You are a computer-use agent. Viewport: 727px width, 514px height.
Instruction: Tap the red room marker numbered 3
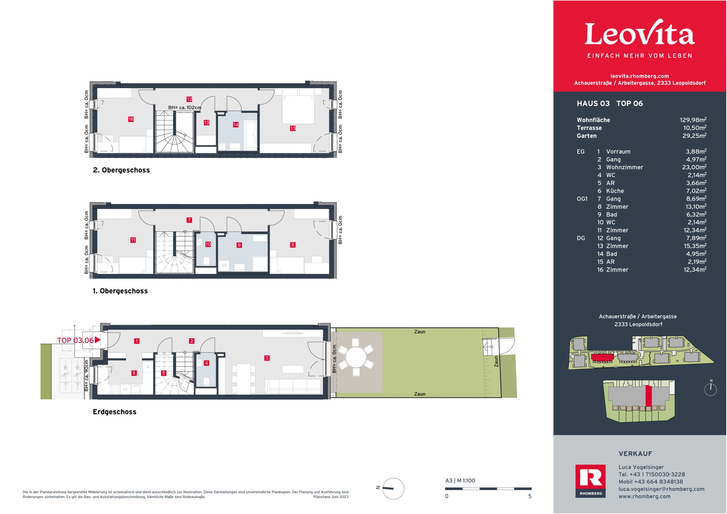[x=267, y=358]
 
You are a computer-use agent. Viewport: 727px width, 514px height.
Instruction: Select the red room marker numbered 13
[x=293, y=128]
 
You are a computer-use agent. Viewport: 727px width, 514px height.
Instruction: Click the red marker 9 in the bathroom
[x=239, y=245]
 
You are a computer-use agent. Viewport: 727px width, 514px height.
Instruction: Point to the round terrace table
[x=356, y=357]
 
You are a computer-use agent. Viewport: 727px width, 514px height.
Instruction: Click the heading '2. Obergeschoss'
[x=121, y=170]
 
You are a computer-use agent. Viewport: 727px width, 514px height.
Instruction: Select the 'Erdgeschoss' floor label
[x=114, y=412]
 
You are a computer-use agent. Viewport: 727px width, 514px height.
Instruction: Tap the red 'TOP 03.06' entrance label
[x=76, y=340]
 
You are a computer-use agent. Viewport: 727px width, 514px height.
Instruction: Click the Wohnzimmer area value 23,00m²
[x=694, y=167]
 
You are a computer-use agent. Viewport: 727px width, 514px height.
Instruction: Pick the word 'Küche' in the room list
[x=615, y=191]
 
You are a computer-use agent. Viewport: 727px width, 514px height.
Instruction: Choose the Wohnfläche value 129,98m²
[x=693, y=120]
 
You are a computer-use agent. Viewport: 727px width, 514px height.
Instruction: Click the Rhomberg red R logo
[x=590, y=478]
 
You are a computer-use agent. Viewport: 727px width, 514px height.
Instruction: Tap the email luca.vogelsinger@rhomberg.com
[x=661, y=489]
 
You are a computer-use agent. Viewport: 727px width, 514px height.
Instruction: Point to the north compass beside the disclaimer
[x=393, y=489]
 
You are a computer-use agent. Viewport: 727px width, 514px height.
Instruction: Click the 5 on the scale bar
[x=530, y=496]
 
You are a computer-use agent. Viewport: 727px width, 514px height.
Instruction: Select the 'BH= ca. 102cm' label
[x=185, y=107]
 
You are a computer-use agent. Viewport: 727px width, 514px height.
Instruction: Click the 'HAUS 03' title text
[x=593, y=104]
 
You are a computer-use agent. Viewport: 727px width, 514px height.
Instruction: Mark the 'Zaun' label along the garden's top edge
[x=420, y=332]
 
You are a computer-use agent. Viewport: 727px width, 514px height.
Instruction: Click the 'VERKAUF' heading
[x=635, y=454]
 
